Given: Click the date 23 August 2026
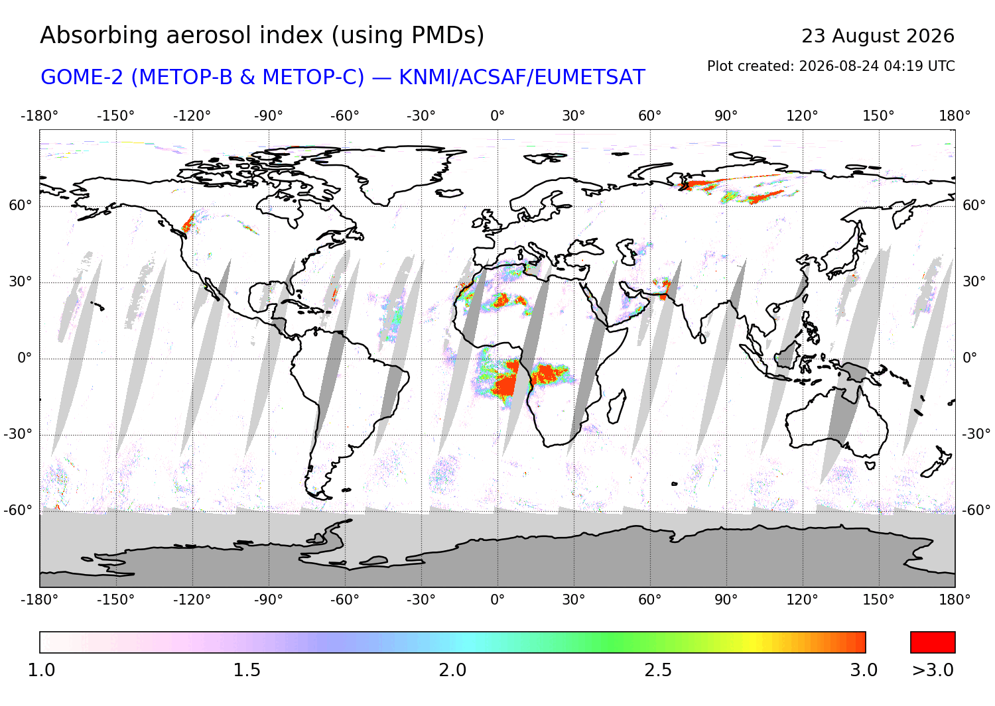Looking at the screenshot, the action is tap(878, 36).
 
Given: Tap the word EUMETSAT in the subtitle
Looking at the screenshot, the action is tap(590, 78).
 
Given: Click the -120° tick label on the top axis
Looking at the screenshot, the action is tap(192, 116).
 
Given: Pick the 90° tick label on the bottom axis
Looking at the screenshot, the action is tap(726, 600).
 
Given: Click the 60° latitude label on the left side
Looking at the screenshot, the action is tap(21, 205).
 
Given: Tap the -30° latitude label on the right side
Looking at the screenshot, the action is tap(976, 434).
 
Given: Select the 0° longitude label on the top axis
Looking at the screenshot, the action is tap(497, 116).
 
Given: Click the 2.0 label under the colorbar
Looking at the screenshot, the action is tap(452, 670).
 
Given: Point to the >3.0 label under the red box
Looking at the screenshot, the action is tap(933, 670).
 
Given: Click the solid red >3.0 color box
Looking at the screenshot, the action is tap(933, 642).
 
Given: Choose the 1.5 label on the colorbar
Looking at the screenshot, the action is tap(247, 670).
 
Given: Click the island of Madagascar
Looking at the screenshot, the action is tap(616, 407).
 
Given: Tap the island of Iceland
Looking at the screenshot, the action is tap(449, 193).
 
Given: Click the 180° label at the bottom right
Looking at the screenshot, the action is tap(955, 600).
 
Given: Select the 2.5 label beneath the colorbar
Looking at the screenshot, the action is tap(658, 670).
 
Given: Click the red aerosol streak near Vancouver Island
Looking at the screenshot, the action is tap(188, 223).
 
